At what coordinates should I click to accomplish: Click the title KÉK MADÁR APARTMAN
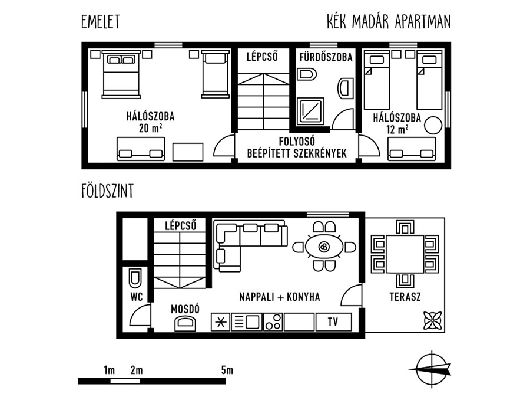point(389,22)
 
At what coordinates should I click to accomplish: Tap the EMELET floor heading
point(101,22)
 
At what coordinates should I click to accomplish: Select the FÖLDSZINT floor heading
point(108,191)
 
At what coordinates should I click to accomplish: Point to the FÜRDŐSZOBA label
point(326,57)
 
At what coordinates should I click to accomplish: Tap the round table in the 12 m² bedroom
point(433,126)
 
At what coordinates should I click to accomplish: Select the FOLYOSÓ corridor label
point(297,141)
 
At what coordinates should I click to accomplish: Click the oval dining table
point(324,247)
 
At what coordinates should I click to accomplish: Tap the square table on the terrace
point(405,254)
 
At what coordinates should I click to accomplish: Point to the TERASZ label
point(405,297)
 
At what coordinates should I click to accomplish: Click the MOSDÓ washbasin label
point(185,309)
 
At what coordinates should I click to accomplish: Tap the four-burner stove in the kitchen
point(273,321)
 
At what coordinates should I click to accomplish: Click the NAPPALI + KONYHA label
point(280,297)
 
